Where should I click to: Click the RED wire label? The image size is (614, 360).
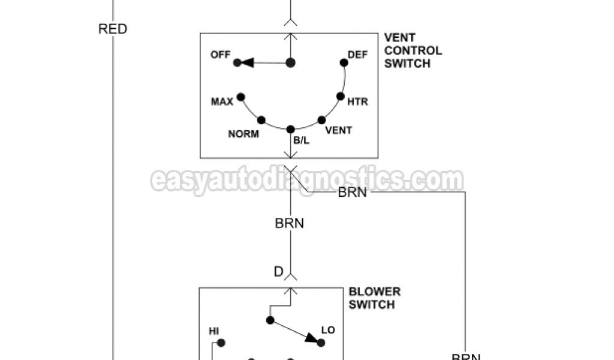[x=113, y=29]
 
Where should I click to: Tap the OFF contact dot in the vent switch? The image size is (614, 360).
[x=237, y=62]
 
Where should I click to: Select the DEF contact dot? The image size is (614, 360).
[x=344, y=62]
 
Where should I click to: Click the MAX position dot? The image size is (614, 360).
[x=241, y=97]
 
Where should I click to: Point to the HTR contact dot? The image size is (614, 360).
[x=340, y=96]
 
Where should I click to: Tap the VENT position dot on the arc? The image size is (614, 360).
[x=321, y=120]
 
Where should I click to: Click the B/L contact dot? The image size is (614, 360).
[x=291, y=129]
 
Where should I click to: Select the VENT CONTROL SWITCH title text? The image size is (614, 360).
[x=413, y=50]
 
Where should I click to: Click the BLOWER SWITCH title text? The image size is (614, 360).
[x=374, y=298]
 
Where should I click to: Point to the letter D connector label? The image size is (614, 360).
[x=278, y=272]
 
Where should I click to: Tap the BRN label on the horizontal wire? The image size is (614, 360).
[x=353, y=193]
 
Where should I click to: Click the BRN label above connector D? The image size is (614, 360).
[x=290, y=223]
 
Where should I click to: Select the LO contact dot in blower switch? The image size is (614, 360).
[x=321, y=343]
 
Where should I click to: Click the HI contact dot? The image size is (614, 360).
[x=221, y=343]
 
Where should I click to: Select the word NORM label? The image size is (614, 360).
[x=243, y=134]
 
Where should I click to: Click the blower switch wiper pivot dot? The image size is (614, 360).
[x=270, y=320]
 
